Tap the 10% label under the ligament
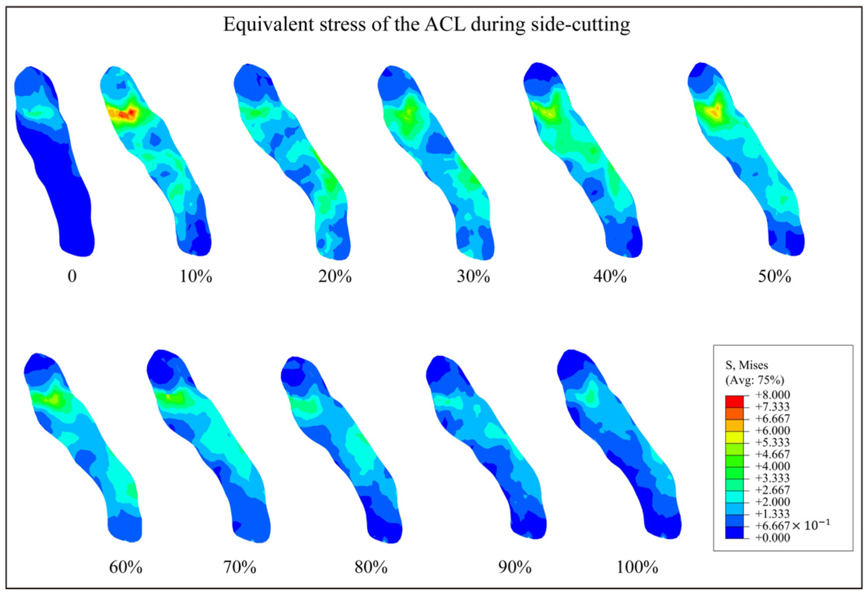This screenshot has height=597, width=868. tap(195, 277)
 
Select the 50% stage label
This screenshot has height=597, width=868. tap(774, 277)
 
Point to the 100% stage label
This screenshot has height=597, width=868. tap(637, 567)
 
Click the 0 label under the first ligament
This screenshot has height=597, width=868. tap(72, 277)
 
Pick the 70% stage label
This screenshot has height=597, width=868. tap(240, 567)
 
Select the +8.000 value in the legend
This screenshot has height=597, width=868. tap(772, 395)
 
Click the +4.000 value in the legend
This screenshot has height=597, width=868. tap(772, 466)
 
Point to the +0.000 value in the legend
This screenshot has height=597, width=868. tap(772, 538)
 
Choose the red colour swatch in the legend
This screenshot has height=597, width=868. tap(734, 400)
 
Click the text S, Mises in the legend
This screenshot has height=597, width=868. tap(746, 365)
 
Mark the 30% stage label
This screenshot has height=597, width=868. tap(473, 277)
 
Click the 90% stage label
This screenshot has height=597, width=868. tap(515, 567)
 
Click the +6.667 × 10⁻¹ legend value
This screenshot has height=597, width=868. tap(792, 525)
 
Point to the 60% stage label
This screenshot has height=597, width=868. tap(125, 567)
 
